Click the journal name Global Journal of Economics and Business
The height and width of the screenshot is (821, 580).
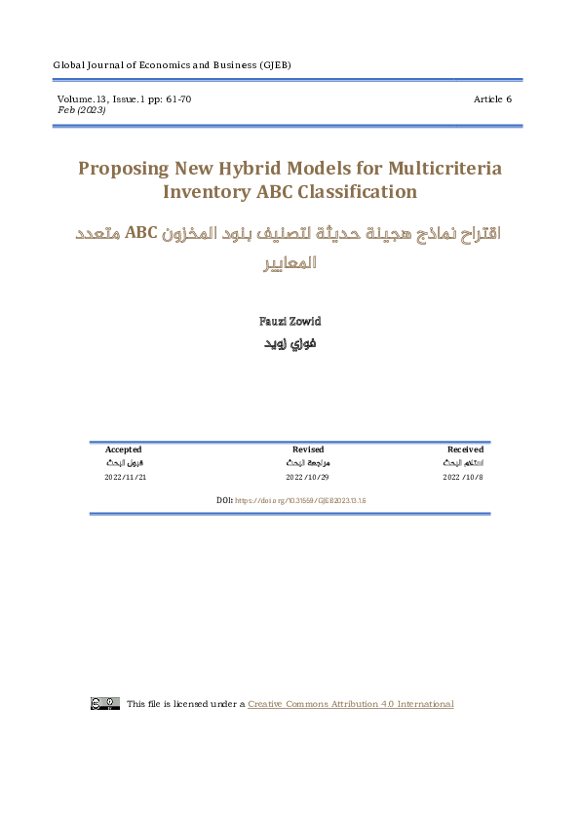click(x=172, y=65)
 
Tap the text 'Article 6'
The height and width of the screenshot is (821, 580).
click(x=492, y=99)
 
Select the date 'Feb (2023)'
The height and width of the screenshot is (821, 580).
click(x=83, y=110)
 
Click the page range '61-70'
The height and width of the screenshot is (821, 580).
click(x=176, y=99)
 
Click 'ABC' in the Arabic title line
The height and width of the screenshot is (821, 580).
click(x=142, y=236)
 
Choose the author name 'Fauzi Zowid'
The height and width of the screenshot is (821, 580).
click(x=290, y=321)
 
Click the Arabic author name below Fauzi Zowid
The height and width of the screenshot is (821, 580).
click(x=290, y=343)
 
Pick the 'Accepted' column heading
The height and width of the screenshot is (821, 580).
click(x=124, y=450)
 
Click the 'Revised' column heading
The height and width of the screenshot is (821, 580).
click(x=308, y=450)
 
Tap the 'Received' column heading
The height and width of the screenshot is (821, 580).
click(x=465, y=450)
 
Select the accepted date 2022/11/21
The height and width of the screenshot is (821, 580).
click(x=125, y=478)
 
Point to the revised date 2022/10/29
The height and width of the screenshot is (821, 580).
click(x=308, y=478)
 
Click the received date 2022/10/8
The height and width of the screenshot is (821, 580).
click(x=463, y=478)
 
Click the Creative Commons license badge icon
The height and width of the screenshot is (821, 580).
click(x=105, y=703)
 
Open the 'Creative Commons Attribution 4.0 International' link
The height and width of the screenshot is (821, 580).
click(x=351, y=704)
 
